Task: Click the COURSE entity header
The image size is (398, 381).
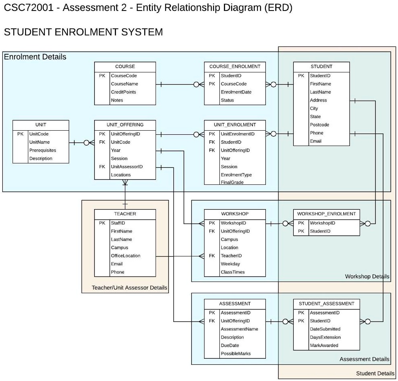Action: (x=125, y=66)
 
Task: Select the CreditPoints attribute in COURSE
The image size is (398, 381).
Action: (x=123, y=92)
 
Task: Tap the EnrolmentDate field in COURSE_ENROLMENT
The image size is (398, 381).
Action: (x=236, y=92)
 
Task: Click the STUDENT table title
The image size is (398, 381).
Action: (x=321, y=66)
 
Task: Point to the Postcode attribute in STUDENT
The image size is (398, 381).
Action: (x=319, y=125)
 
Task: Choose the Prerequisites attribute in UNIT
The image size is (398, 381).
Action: (x=42, y=150)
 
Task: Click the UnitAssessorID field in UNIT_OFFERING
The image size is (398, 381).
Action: (x=126, y=167)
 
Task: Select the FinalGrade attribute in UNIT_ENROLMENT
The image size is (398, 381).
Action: (x=232, y=182)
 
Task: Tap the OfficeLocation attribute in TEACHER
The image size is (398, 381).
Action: (x=126, y=256)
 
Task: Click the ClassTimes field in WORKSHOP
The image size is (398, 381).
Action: (x=233, y=272)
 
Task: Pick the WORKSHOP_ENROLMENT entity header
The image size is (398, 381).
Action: (x=326, y=214)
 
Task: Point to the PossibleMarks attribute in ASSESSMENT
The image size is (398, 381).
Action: (x=236, y=353)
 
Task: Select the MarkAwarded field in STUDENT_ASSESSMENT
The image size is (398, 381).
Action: (x=324, y=345)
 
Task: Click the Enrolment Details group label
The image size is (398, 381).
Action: (x=35, y=57)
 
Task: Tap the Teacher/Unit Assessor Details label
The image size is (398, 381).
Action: (x=129, y=288)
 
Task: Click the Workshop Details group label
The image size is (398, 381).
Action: (x=367, y=277)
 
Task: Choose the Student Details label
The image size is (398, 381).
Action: (x=375, y=373)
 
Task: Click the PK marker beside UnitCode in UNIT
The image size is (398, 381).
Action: (x=20, y=134)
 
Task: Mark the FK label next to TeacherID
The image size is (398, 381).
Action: (x=212, y=256)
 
